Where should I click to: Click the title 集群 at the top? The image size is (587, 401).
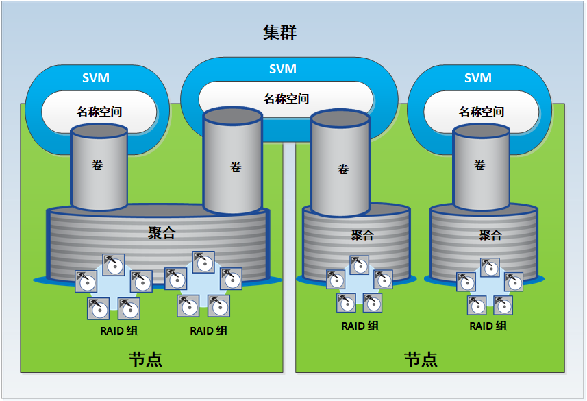(279, 33)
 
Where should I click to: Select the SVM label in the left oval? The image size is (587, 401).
(96, 78)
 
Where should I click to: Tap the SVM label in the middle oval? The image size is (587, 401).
(283, 69)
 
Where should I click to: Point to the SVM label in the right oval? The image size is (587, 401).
(478, 78)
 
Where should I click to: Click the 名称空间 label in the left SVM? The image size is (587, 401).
(99, 111)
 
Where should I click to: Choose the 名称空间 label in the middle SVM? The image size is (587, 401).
(286, 99)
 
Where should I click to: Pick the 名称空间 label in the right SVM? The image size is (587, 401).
(482, 111)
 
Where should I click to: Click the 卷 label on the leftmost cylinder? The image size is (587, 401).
(97, 165)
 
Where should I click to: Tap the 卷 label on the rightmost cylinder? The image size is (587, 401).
(479, 165)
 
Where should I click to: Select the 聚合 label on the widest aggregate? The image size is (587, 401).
(162, 233)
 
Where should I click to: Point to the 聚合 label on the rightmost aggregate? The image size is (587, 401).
(490, 235)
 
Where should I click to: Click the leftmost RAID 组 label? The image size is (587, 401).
(119, 330)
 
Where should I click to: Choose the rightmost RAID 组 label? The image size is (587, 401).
(488, 326)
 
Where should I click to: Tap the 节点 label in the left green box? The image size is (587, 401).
(146, 359)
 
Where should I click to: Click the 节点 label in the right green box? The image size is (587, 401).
(421, 359)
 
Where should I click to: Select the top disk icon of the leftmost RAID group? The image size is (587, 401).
(114, 265)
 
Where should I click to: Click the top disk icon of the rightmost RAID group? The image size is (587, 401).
(490, 267)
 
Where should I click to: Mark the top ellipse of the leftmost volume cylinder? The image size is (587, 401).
(99, 132)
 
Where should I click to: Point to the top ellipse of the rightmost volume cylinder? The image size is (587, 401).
(481, 132)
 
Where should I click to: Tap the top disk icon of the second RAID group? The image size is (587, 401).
(203, 263)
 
